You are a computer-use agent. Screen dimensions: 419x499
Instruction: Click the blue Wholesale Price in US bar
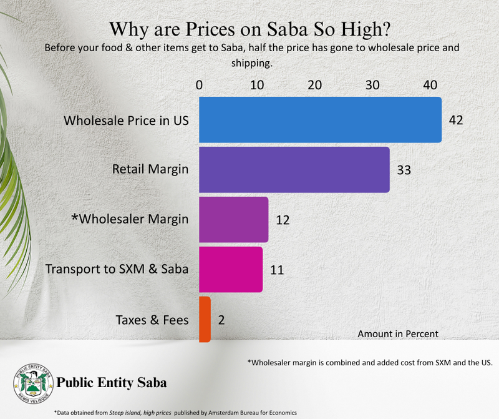320,120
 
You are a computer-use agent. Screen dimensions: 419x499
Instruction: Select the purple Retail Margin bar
294,170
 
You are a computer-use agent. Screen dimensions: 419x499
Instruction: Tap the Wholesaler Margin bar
233,219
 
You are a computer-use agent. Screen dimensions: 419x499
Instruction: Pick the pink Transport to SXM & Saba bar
231,269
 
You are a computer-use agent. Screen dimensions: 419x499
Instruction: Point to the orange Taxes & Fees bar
205,319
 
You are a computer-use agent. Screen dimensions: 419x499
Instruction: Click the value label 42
455,120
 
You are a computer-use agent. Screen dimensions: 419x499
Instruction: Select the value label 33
404,170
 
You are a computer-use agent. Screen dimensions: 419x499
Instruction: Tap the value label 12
283,220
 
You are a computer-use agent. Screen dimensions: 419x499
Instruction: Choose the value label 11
277,270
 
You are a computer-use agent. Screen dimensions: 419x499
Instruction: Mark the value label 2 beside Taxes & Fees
221,320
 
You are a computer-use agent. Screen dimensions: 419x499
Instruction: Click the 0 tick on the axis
199,85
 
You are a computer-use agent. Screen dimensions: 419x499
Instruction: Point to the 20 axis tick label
314,85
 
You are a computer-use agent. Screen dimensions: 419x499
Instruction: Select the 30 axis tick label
372,85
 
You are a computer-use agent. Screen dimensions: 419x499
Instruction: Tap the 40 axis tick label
430,85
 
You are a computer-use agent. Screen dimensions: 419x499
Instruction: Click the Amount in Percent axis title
397,334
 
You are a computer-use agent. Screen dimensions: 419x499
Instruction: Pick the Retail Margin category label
150,169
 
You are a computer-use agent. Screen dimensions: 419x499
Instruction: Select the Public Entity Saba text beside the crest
112,382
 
